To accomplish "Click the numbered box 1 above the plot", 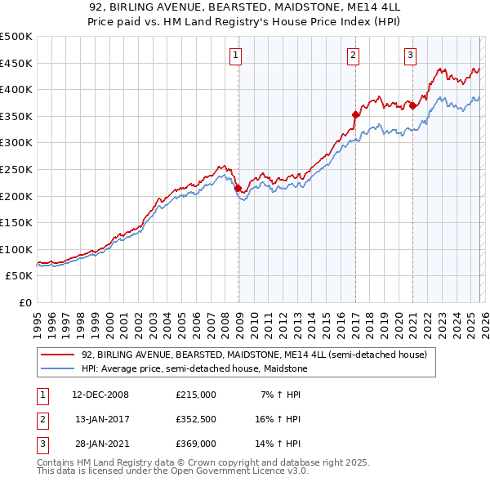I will click(236, 56).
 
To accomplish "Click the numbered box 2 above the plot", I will click(353, 56).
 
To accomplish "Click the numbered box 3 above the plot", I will click(410, 56).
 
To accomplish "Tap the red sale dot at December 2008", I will click(238, 188).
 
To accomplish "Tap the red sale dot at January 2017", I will click(355, 115).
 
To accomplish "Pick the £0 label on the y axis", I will click(24, 302).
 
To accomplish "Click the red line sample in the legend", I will click(57, 355).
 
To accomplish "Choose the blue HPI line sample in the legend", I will click(57, 369).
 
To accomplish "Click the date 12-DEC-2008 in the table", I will click(100, 395).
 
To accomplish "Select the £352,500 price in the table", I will click(196, 419).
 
